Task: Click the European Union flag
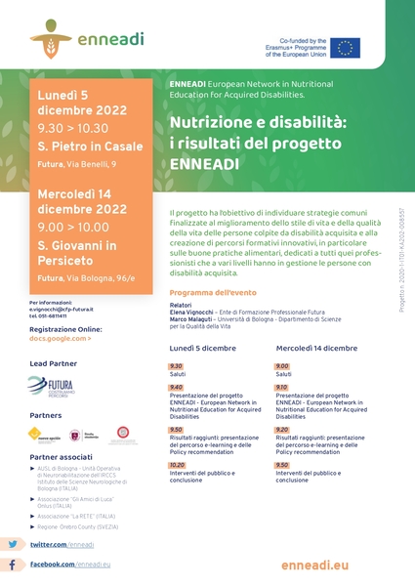point(345,48)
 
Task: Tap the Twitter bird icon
point(14,544)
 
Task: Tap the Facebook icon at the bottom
point(14,565)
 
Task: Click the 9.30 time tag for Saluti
point(176,365)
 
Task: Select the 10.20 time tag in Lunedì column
point(177,466)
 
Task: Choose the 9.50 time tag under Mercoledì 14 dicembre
point(282,466)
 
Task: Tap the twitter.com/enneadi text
point(62,544)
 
